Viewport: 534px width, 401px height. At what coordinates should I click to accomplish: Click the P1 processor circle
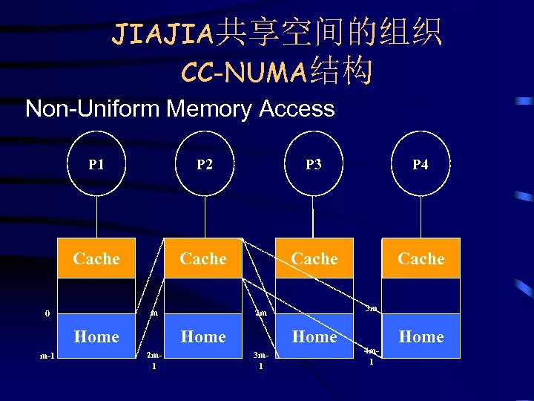tap(96, 164)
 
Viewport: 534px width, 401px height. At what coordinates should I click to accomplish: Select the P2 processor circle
tap(204, 164)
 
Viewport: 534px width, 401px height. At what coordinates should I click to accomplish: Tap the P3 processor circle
tap(314, 164)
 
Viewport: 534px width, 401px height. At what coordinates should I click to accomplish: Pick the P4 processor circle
tap(420, 164)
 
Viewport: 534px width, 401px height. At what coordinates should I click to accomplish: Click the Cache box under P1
tap(96, 258)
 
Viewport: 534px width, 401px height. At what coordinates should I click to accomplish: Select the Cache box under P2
tap(203, 258)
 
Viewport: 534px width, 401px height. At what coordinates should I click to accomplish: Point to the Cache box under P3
tap(314, 258)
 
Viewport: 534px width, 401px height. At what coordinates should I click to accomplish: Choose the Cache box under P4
tap(421, 258)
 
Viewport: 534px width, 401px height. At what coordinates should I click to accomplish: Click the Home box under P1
tap(96, 336)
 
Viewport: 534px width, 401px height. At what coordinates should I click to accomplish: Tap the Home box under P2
tap(203, 336)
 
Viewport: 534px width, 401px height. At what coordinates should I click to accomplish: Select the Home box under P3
tap(314, 336)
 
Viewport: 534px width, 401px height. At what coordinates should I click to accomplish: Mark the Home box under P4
tap(421, 336)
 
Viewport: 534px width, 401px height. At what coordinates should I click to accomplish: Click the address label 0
tap(47, 313)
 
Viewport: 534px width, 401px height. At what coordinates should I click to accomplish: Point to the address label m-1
tap(46, 356)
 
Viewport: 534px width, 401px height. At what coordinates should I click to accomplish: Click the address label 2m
tap(260, 313)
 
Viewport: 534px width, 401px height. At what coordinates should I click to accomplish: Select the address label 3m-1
tap(260, 360)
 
